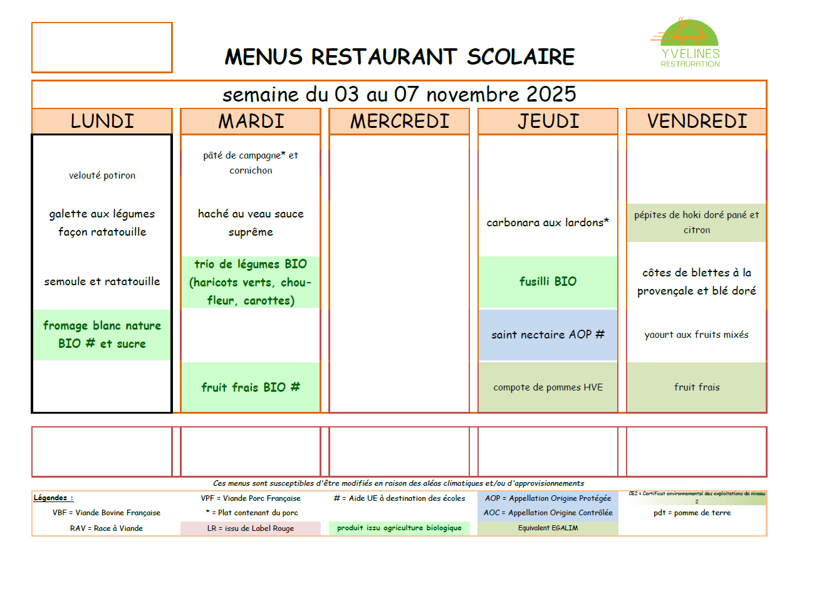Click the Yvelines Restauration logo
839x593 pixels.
(689, 44)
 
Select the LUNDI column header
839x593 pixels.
(102, 121)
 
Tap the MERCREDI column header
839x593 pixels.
(400, 121)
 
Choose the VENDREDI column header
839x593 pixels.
(697, 121)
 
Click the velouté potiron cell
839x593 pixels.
(102, 176)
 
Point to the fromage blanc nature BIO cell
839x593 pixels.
(102, 335)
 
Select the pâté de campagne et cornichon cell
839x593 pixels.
(251, 163)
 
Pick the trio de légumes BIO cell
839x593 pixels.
(251, 282)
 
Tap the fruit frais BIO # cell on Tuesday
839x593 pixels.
(251, 387)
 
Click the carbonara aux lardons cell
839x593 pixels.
(548, 223)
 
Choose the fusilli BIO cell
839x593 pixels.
(548, 281)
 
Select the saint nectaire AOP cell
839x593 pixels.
(548, 335)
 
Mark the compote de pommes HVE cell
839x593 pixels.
(548, 387)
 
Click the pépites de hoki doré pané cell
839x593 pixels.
(696, 223)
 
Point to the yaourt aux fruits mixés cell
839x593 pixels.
(696, 335)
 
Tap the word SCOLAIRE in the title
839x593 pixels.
(521, 57)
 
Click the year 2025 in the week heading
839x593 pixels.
(551, 95)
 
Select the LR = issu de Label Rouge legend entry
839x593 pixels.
(251, 528)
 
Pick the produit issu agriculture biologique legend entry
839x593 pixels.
(399, 528)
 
